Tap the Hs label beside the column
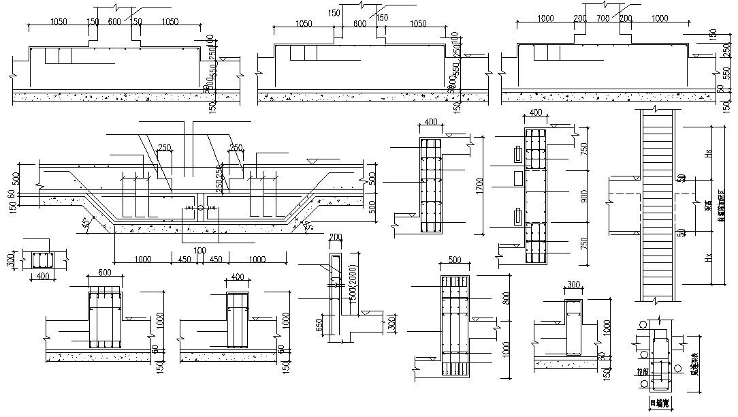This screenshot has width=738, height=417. (x=708, y=155)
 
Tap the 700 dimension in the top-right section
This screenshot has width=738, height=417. (x=602, y=18)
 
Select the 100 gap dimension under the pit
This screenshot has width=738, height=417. (x=199, y=251)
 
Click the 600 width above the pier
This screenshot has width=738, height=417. (x=106, y=272)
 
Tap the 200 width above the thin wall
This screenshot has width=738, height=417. (x=335, y=236)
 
